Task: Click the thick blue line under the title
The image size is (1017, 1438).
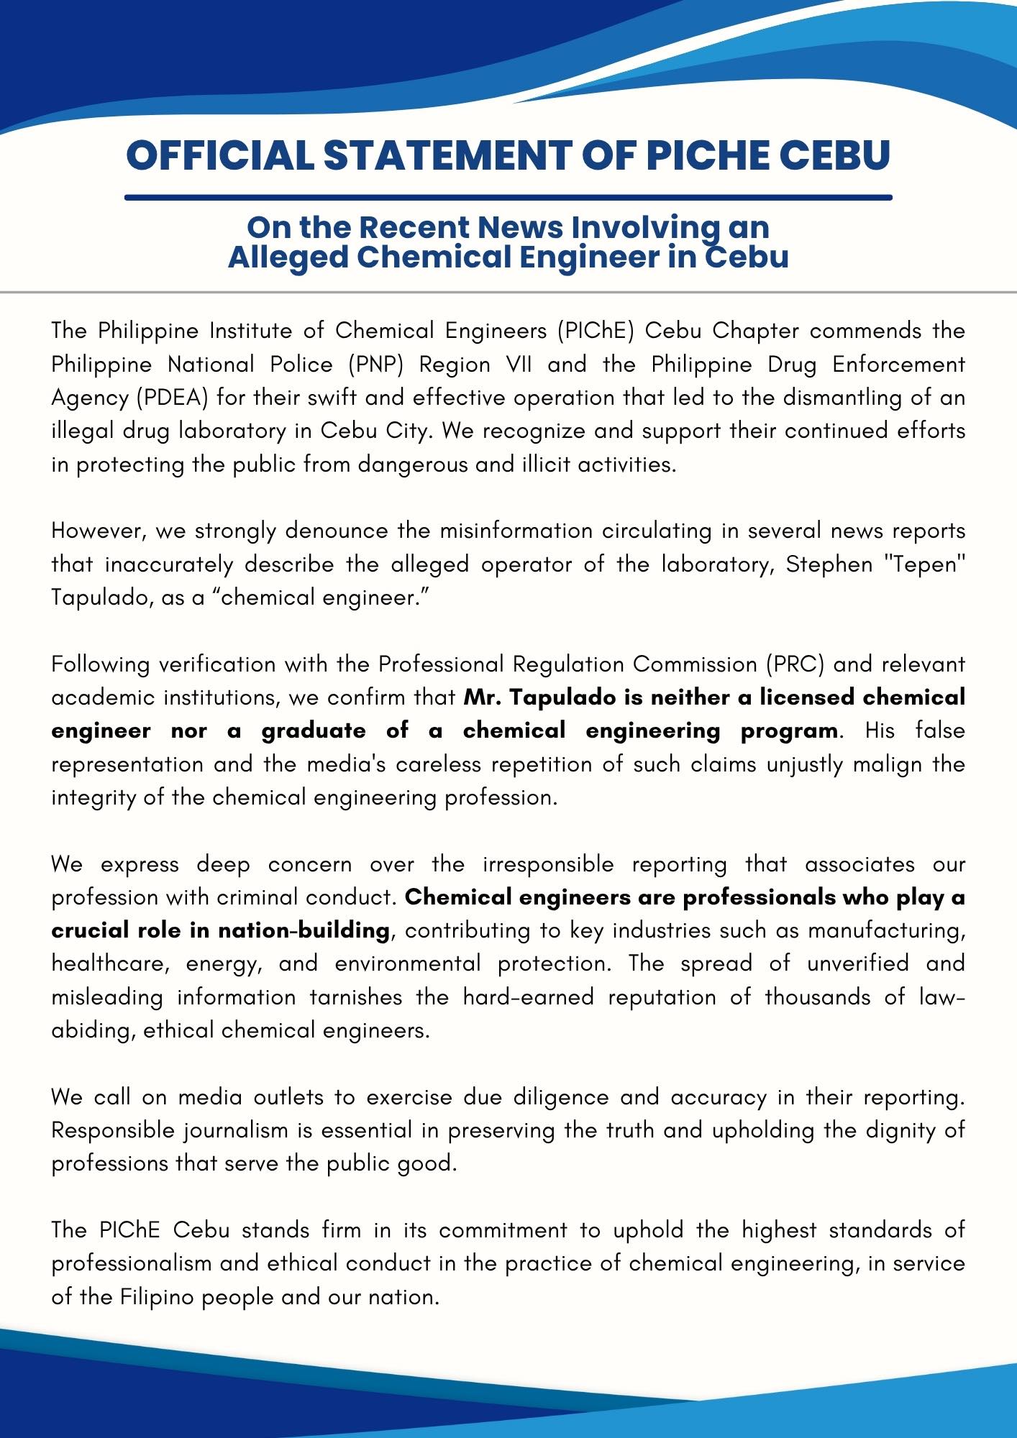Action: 508,197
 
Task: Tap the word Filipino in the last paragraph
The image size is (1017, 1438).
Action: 158,1297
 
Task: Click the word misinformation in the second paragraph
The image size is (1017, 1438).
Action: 516,531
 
